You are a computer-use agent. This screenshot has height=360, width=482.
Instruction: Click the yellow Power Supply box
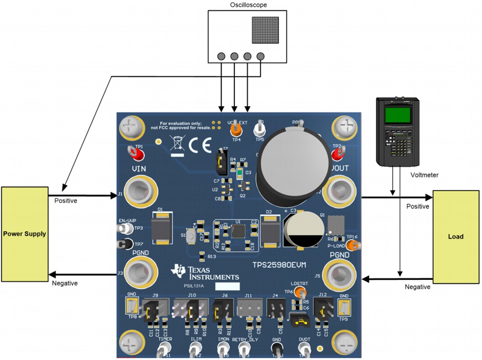coord(25,234)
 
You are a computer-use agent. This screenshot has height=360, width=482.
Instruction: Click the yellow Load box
coord(455,236)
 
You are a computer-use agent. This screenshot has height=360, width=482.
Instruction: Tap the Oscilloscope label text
coord(248,5)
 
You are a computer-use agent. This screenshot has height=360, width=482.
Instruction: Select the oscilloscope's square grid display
coord(266,30)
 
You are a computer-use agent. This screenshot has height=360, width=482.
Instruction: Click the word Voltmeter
coord(425,175)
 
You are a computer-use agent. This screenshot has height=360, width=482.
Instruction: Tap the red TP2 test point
coord(337,154)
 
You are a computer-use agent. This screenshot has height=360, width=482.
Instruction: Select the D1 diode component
coord(161,228)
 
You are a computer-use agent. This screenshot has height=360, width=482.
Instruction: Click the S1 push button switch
coord(191,238)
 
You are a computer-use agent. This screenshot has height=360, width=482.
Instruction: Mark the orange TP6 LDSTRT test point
coord(300,292)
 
